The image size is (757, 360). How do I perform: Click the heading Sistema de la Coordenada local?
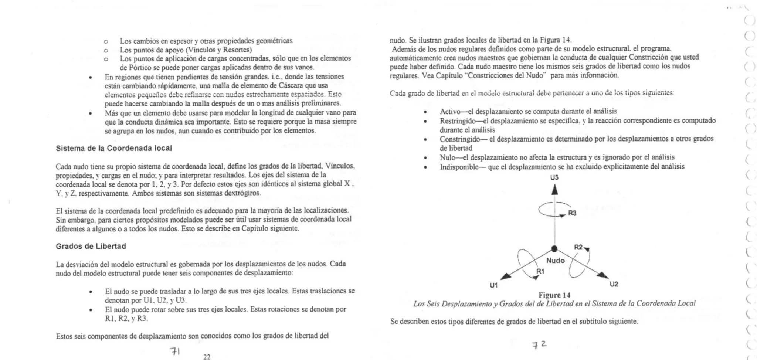[x=114, y=148]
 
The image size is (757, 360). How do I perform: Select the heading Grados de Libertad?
[x=91, y=246]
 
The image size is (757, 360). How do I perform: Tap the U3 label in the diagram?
[x=554, y=177]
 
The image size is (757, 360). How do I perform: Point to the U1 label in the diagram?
[x=494, y=285]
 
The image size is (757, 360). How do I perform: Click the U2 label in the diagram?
[x=614, y=284]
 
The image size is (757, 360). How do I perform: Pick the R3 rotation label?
[x=572, y=213]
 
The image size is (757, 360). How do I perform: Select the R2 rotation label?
[x=578, y=247]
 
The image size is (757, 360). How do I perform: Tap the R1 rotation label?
[x=540, y=271]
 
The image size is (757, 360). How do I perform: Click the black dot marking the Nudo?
[x=554, y=248]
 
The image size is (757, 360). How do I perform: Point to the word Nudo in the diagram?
[x=555, y=261]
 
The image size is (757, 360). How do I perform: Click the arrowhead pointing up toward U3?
[x=554, y=190]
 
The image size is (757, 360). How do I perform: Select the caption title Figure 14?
[x=554, y=295]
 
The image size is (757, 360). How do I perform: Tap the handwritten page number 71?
[x=174, y=351]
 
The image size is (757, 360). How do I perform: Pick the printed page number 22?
[x=207, y=357]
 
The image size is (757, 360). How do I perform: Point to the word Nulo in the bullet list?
[x=447, y=157]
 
